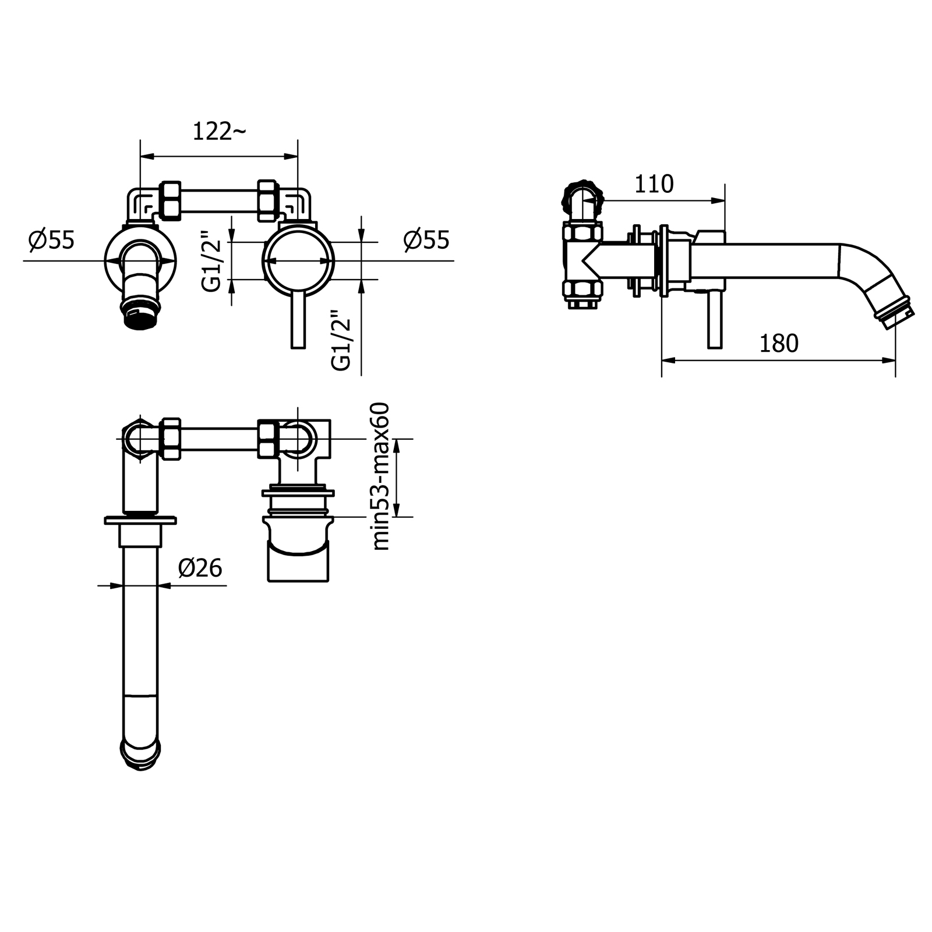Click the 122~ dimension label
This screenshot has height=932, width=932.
point(219,132)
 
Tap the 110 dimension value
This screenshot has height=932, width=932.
point(654,184)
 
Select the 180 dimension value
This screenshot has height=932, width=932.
point(779,344)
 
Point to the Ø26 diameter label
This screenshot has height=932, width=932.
point(200,568)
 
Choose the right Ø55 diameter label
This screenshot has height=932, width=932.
point(427,239)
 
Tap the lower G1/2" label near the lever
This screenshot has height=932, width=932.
point(341,343)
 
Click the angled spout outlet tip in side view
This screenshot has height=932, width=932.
point(896,315)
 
